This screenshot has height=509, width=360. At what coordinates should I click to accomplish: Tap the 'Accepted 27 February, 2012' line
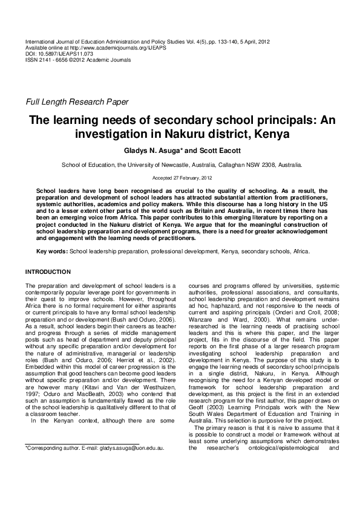coord(182,178)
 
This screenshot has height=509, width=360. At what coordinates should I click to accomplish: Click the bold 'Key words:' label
coord(53,251)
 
